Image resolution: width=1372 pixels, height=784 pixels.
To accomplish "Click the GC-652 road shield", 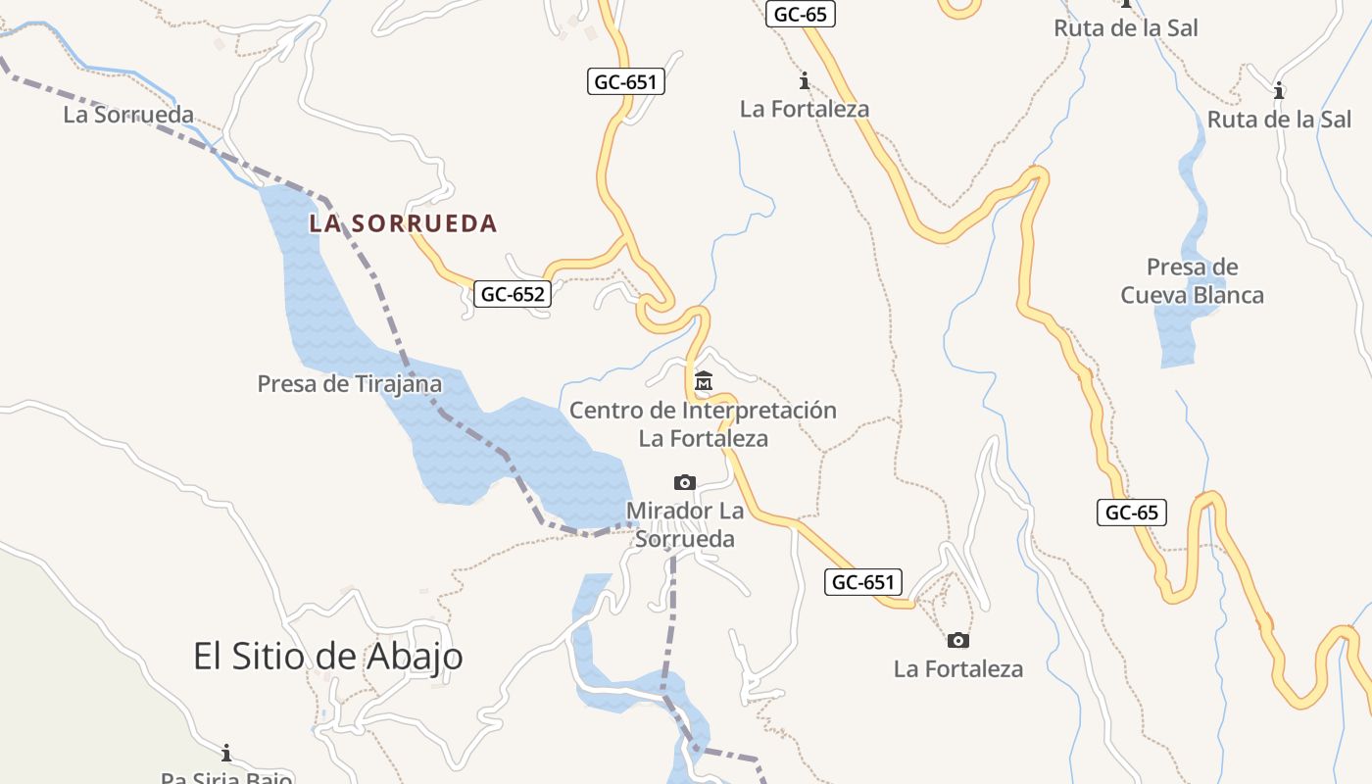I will (513, 293).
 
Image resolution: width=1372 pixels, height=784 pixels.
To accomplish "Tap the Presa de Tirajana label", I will (349, 383).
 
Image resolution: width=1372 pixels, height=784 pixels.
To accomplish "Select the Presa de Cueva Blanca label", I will (1193, 281).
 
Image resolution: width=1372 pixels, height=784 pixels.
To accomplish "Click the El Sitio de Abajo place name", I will (327, 656).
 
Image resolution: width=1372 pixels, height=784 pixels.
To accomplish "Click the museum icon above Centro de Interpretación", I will (703, 380).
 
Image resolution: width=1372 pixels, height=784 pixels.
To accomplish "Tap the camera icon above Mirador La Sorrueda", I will (685, 482).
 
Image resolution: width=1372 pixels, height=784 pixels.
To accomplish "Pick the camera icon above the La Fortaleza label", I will (958, 640).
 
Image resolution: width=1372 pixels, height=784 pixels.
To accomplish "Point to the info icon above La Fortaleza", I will (805, 80).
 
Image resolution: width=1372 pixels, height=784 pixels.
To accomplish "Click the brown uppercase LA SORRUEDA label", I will (403, 223).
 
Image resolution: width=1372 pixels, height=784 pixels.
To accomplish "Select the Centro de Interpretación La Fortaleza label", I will (703, 423).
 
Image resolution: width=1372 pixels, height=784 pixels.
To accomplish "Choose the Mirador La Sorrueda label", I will (685, 524).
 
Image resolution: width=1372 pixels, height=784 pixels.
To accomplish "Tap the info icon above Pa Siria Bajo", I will (226, 753).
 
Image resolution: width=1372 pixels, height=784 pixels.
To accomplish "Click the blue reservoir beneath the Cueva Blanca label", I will (1177, 333).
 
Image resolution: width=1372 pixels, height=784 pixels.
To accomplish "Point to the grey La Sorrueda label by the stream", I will (128, 115).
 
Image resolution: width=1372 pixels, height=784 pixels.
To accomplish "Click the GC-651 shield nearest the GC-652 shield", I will (627, 82).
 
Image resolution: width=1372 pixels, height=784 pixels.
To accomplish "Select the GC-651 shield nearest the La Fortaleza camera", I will (863, 582).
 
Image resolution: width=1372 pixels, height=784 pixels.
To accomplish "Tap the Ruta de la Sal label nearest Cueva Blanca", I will (1279, 120).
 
